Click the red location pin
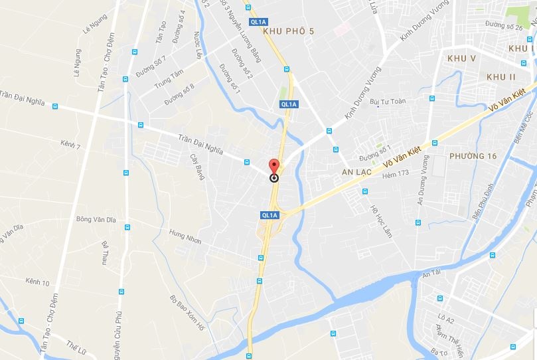[273, 167]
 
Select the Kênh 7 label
[70, 144]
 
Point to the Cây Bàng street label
[197, 167]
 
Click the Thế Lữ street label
[76, 346]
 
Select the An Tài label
[431, 272]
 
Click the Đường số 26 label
[504, 27]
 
